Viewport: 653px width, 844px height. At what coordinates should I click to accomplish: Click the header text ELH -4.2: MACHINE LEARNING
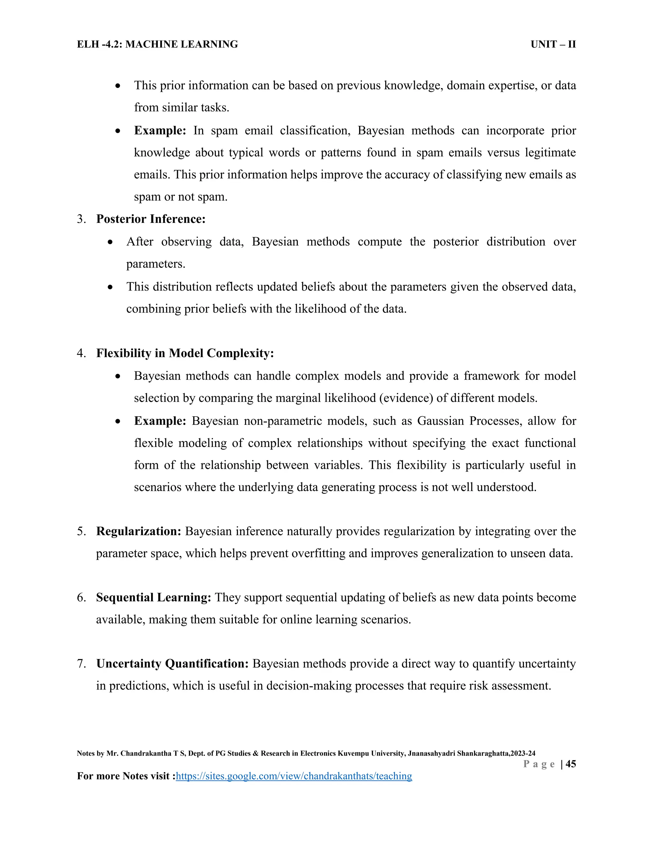tap(158, 45)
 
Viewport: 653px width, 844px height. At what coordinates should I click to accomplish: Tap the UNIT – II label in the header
tap(553, 45)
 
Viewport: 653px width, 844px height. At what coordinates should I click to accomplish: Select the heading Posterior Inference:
tap(151, 219)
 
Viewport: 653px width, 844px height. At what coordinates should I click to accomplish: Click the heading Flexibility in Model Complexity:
tap(185, 353)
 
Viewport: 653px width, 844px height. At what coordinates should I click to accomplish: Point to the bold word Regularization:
tap(138, 531)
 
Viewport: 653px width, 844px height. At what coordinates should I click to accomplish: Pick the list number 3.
tap(81, 219)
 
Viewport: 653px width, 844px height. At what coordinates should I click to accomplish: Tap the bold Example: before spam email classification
tap(160, 131)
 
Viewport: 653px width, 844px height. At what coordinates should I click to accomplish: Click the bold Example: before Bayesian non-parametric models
tap(160, 421)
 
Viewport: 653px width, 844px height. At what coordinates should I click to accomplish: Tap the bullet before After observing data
tap(111, 242)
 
